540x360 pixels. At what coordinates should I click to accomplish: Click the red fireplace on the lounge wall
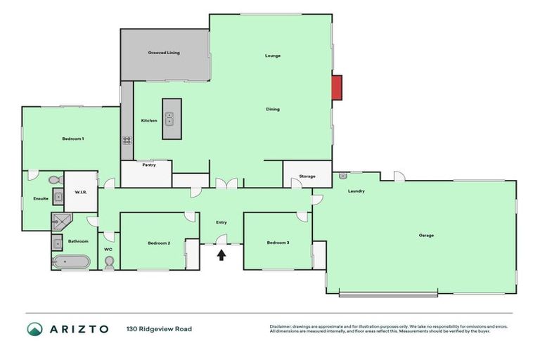coord(337,87)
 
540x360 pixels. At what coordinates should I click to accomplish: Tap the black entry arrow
coord(221,255)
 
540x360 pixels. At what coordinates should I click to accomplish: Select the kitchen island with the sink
coord(172,119)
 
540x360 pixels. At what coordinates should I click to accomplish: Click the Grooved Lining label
coord(164,53)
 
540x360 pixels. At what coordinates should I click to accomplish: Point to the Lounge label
coord(273,56)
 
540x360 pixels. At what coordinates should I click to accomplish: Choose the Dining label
coord(273,109)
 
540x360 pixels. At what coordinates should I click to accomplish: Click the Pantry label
coord(149,165)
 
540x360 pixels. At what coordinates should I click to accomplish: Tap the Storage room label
coord(307,176)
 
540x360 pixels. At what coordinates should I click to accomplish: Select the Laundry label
coord(356,191)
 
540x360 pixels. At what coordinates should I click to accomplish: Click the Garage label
coord(426,235)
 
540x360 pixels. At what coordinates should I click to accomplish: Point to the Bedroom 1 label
coord(73,139)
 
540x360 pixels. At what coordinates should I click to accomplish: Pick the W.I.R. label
coord(80,192)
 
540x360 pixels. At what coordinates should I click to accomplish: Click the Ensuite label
coord(41,198)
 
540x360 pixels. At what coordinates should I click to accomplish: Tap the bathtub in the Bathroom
coord(70,262)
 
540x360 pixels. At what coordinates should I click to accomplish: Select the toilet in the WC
coord(109,262)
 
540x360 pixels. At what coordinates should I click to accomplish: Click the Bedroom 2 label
coord(159,243)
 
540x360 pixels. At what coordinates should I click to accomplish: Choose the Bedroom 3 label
coord(278,243)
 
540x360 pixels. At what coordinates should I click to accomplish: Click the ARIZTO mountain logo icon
coord(34,329)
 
